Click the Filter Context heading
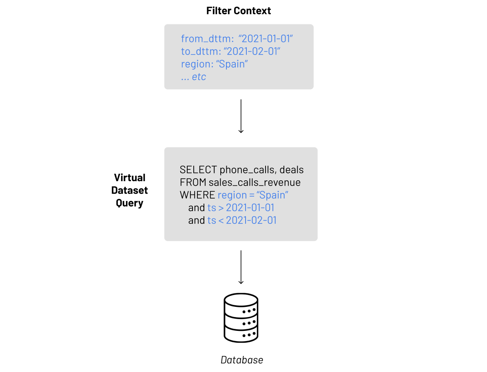click(x=239, y=11)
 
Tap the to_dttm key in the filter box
click(x=197, y=52)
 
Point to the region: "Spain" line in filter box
click(x=215, y=64)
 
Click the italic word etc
click(x=199, y=77)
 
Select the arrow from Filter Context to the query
click(x=241, y=116)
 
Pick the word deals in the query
click(x=292, y=170)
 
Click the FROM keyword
click(x=193, y=182)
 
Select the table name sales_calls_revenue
click(x=255, y=182)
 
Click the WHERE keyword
click(x=197, y=195)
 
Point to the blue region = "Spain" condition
click(x=253, y=195)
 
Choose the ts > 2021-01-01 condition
click(x=241, y=208)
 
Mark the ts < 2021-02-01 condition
click(x=242, y=220)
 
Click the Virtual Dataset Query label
click(x=130, y=190)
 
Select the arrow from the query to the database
click(x=241, y=267)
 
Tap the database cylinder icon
click(x=241, y=318)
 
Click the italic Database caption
click(x=242, y=360)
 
